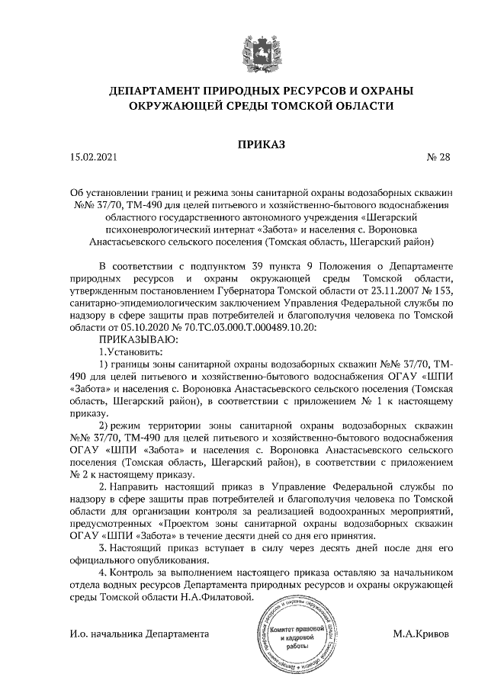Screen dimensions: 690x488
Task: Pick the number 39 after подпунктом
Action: click(x=259, y=268)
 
